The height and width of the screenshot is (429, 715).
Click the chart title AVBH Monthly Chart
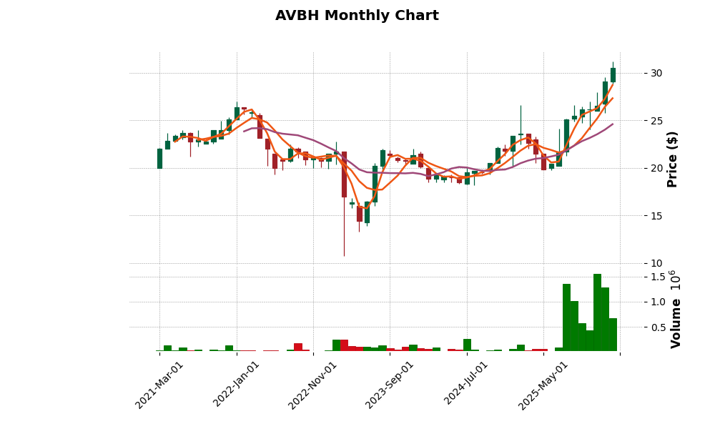357,16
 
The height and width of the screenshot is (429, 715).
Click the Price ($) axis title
672,159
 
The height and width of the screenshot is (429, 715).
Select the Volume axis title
676,309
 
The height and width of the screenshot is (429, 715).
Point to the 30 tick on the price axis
656,73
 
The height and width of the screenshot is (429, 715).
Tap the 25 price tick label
656,121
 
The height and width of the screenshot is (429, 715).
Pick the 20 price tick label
656,168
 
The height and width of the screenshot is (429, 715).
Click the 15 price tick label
656,216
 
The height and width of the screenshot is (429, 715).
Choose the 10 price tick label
656,263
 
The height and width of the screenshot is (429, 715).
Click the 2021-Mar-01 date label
160,385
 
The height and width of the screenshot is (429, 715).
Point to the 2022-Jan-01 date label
237,385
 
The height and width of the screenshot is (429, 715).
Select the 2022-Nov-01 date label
313,385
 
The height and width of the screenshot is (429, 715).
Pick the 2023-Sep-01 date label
390,385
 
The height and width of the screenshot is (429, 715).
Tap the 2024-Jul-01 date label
467,385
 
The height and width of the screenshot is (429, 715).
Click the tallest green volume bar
597,312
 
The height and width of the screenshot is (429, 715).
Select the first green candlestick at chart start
159,158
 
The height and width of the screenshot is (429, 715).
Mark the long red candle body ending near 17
344,174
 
